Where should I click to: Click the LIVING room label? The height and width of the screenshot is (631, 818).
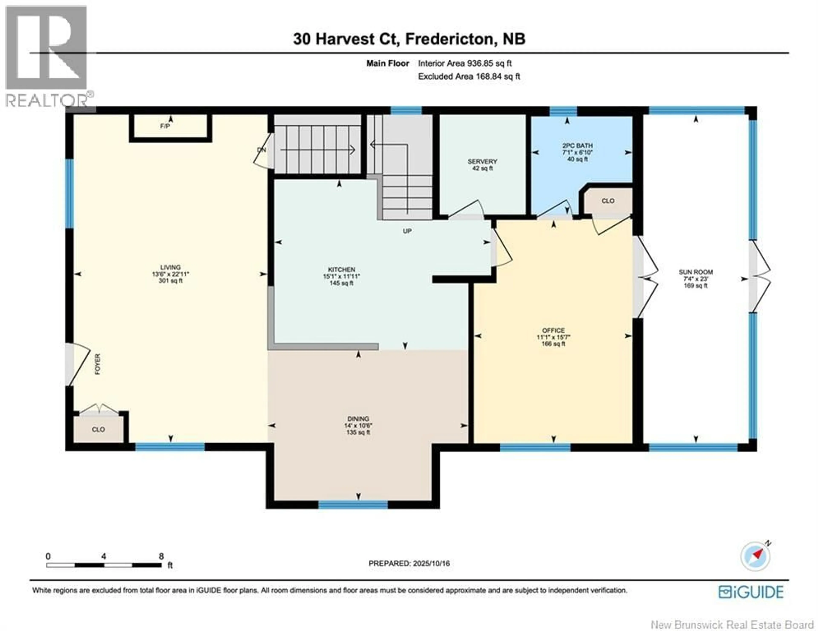170,267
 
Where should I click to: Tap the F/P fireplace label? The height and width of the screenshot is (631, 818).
165,126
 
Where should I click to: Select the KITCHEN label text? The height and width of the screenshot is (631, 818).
341,270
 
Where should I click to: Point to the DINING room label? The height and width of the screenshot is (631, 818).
358,419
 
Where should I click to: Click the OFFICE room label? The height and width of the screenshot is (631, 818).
553,330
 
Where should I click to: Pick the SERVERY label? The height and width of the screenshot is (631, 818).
482,161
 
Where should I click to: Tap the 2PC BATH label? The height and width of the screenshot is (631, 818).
577,146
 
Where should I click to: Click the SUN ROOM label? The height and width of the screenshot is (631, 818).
696,272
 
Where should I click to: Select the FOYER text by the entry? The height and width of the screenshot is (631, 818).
97,364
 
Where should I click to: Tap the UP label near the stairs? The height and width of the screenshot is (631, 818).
407,231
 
